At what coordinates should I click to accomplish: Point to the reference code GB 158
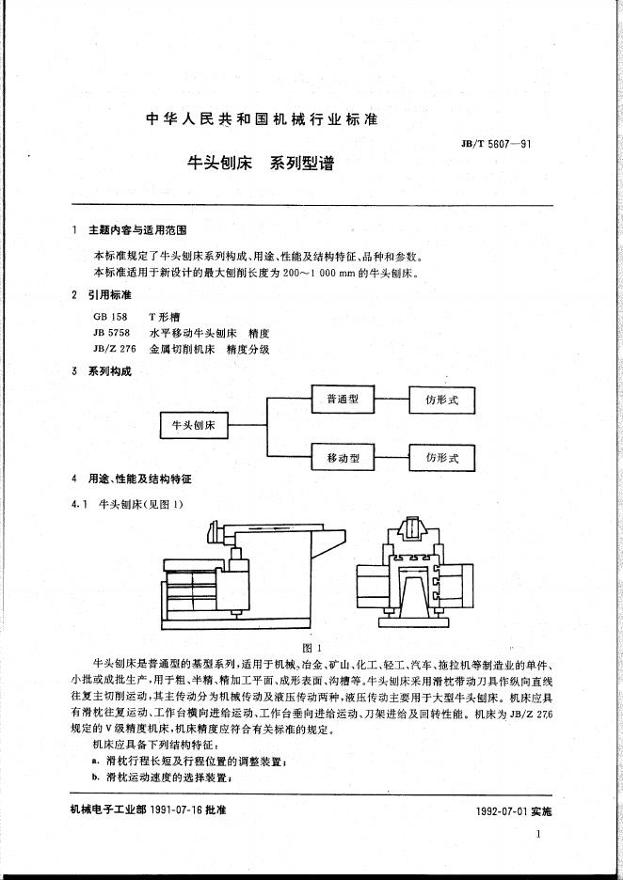(x=110, y=318)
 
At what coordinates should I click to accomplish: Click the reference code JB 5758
(x=110, y=333)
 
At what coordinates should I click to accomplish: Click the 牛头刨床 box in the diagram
(x=194, y=425)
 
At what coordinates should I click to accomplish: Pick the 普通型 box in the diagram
(x=343, y=399)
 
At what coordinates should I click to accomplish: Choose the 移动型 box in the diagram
(x=343, y=458)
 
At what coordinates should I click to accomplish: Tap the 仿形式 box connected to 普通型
(x=441, y=400)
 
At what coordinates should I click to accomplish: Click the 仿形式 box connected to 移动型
(x=441, y=458)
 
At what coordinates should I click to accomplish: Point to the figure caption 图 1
(x=311, y=648)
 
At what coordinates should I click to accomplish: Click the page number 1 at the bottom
(x=537, y=834)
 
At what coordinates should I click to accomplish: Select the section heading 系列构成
(x=110, y=371)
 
